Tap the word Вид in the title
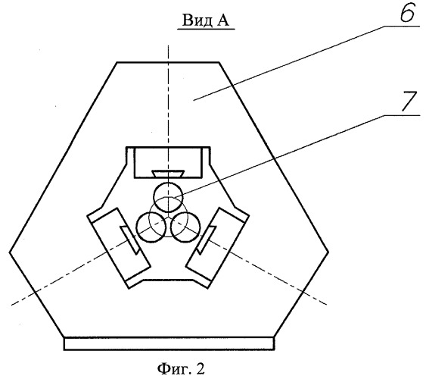pyautogui.click(x=194, y=20)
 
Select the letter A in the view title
pyautogui.click(x=222, y=20)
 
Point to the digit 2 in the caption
pyautogui.click(x=199, y=368)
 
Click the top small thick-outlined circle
pyautogui.click(x=169, y=198)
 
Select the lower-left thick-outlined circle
pyautogui.click(x=151, y=227)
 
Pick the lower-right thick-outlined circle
pyautogui.click(x=185, y=227)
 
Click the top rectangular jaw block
pyautogui.click(x=169, y=162)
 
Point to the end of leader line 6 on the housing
pyautogui.click(x=194, y=100)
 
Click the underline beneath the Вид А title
pyautogui.click(x=206, y=29)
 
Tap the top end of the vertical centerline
pyautogui.click(x=169, y=45)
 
